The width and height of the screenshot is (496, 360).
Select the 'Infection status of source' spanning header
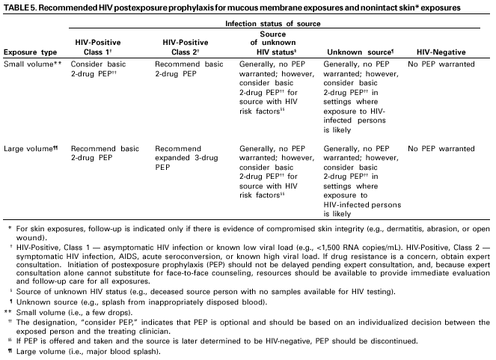coord(277,24)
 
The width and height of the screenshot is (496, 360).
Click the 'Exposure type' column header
coord(30,52)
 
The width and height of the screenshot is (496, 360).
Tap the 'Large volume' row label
coord(31,149)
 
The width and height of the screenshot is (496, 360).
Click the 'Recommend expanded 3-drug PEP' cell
coord(186,153)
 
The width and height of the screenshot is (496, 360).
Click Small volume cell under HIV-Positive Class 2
coord(186,70)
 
